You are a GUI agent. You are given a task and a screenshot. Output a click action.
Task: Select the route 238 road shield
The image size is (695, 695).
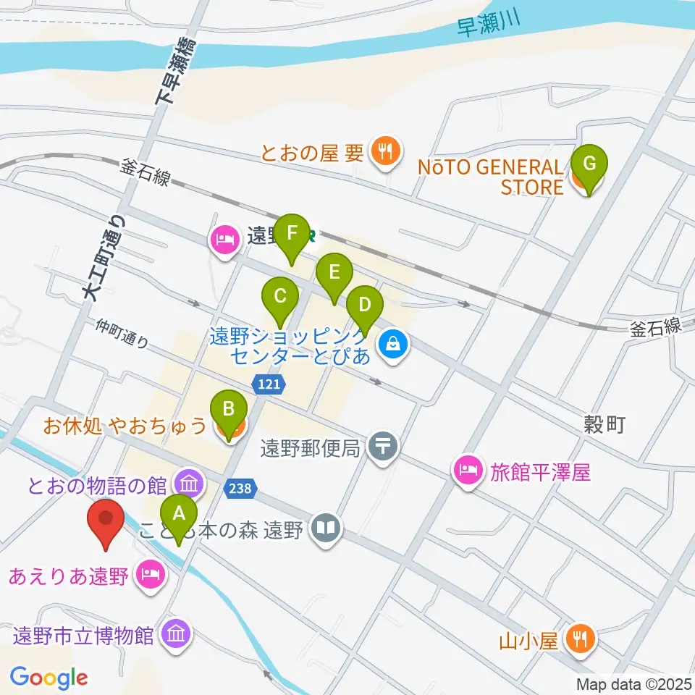[240, 489]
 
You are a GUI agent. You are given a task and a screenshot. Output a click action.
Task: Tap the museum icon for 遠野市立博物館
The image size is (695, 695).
[177, 634]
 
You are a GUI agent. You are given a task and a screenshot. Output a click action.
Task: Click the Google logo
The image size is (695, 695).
[49, 678]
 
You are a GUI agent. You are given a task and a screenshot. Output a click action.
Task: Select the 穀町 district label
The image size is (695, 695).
[605, 425]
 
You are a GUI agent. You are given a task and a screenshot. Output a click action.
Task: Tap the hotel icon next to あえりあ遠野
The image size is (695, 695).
[150, 576]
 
